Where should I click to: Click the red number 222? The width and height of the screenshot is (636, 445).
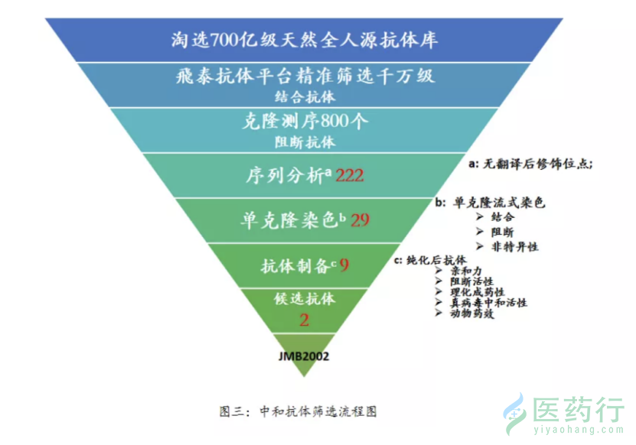click(x=349, y=176)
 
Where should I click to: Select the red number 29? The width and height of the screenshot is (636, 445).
click(x=360, y=220)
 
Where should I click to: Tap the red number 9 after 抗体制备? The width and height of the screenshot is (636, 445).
click(x=344, y=265)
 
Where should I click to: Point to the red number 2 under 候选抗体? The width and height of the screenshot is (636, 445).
click(x=304, y=320)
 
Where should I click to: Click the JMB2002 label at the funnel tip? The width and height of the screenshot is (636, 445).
click(x=304, y=356)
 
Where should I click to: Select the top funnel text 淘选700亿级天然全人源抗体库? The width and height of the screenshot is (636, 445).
click(x=304, y=40)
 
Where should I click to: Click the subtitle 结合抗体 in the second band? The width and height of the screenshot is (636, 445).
click(x=305, y=97)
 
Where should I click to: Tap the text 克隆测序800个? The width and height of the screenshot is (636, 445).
click(x=305, y=121)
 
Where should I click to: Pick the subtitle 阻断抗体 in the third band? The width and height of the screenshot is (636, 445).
click(x=305, y=142)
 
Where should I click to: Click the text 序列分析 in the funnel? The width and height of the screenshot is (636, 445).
click(x=285, y=176)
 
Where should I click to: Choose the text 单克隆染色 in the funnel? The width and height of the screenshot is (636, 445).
click(x=289, y=220)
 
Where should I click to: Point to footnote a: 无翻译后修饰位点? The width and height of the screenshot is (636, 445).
click(x=530, y=164)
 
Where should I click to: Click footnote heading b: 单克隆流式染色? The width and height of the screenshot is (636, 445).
click(x=490, y=202)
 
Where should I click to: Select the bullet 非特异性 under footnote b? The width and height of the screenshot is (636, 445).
click(x=515, y=246)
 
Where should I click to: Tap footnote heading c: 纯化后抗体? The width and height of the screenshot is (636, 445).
click(x=430, y=260)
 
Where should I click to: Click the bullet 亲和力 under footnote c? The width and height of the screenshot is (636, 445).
click(x=466, y=271)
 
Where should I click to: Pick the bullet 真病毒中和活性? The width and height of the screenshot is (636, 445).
click(x=489, y=302)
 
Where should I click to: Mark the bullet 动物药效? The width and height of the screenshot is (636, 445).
click(x=472, y=313)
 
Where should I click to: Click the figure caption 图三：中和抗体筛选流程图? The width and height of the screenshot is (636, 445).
click(x=298, y=411)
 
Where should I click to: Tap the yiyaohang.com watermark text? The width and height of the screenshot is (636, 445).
click(x=579, y=430)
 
